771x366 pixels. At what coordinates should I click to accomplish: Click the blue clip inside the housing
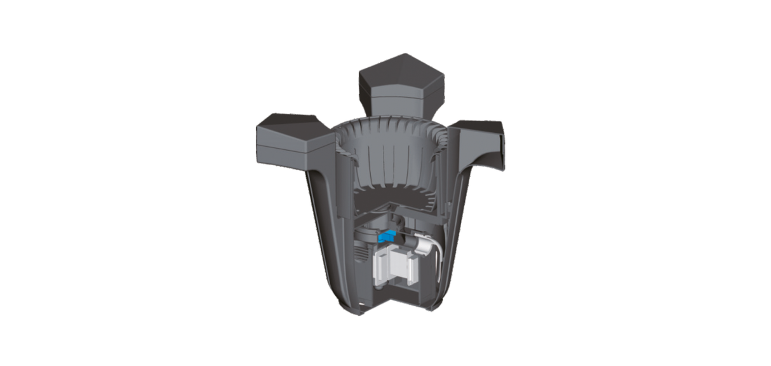(x=385, y=236)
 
